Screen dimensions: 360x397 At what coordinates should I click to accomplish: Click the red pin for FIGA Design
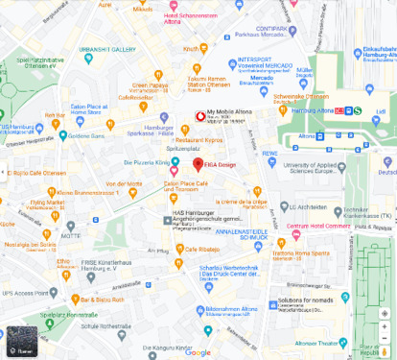pyautogui.click(x=198, y=163)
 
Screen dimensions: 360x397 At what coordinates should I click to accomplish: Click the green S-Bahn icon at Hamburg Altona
pyautogui.click(x=357, y=109)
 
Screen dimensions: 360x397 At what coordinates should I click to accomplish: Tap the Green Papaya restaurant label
pyautogui.click(x=152, y=85)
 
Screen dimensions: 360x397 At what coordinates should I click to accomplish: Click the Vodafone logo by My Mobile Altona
pyautogui.click(x=200, y=116)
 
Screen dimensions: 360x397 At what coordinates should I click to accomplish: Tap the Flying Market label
pyautogui.click(x=47, y=204)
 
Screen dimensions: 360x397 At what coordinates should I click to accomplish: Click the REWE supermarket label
pyautogui.click(x=269, y=153)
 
